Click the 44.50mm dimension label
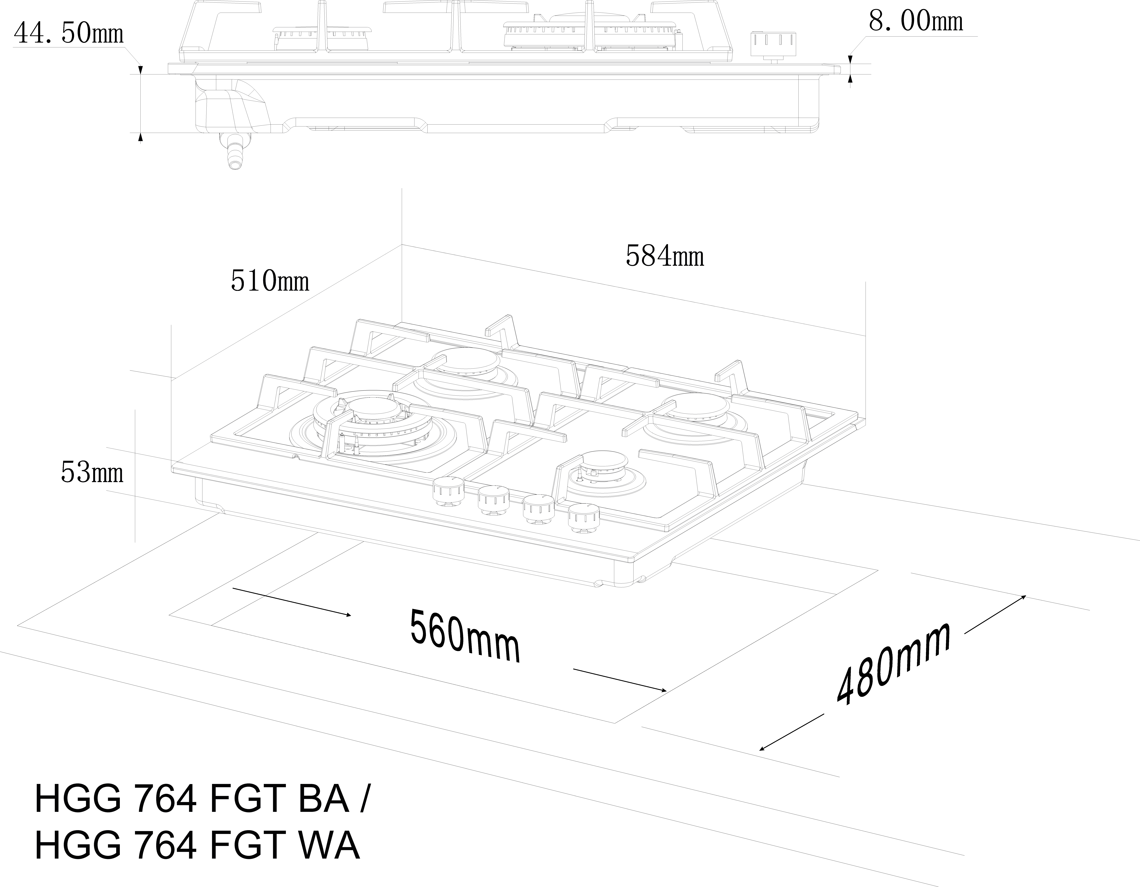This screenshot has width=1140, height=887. (68, 33)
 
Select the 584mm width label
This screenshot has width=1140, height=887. (664, 256)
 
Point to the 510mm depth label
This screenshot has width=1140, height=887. (270, 281)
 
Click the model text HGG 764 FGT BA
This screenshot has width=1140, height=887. (192, 799)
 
